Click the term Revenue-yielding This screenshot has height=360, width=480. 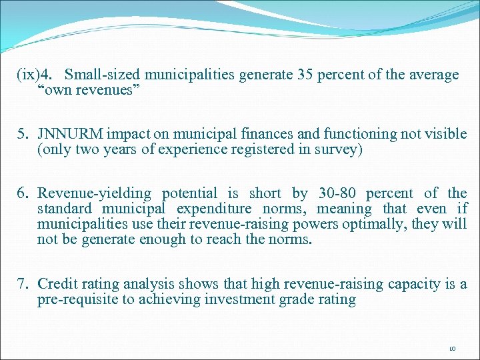pyautogui.click(x=93, y=194)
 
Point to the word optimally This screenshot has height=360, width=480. pyautogui.click(x=346, y=224)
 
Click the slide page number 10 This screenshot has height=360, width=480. pyautogui.click(x=452, y=348)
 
